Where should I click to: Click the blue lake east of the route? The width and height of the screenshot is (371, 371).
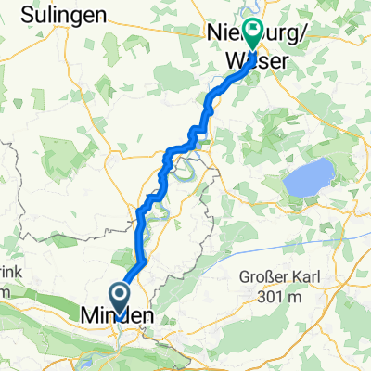(x=308, y=177)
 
